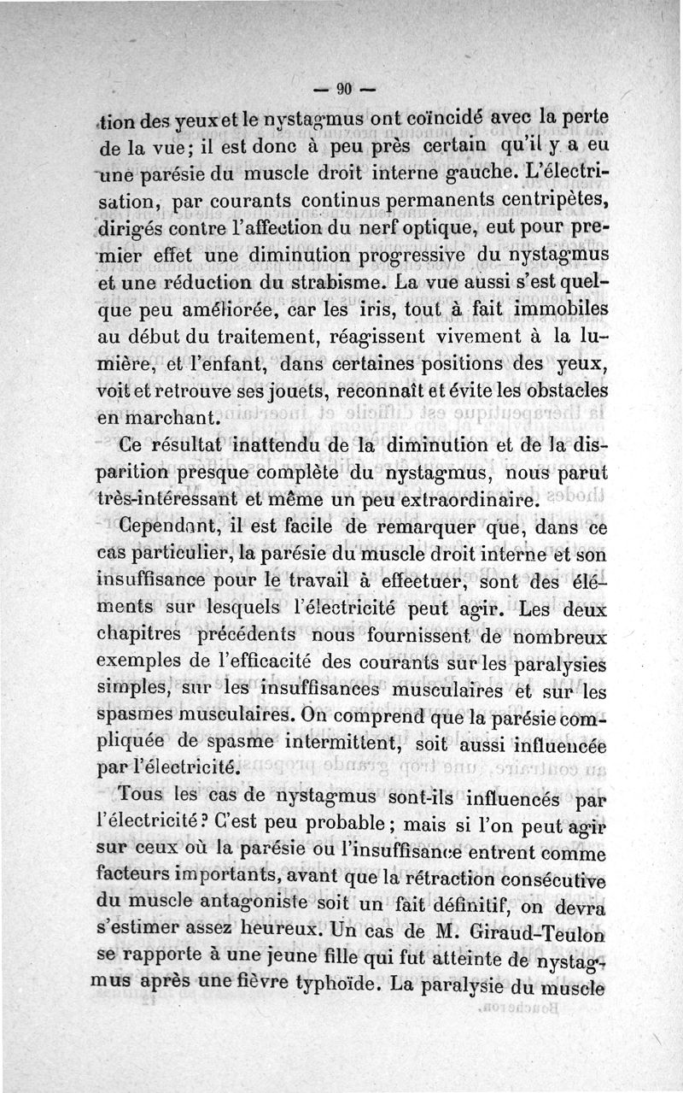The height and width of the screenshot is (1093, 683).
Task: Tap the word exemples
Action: (x=137, y=662)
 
